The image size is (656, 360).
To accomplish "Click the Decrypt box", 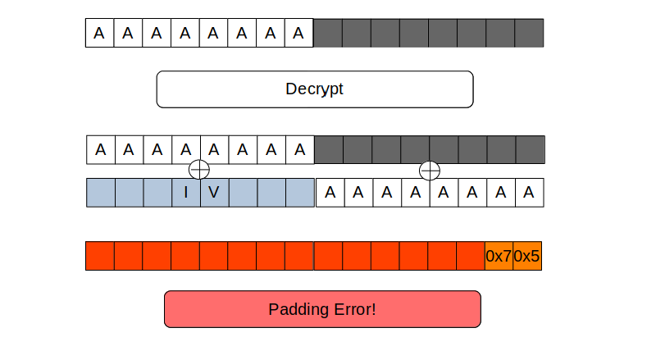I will click(x=315, y=89).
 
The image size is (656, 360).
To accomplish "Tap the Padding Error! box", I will click(x=322, y=309).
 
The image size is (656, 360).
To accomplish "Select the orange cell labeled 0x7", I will click(x=499, y=256).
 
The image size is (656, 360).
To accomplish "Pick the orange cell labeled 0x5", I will click(x=526, y=256).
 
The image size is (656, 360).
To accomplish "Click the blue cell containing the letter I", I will click(x=186, y=193).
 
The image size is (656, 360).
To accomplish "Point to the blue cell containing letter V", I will click(x=214, y=193).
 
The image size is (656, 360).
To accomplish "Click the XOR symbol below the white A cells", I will click(x=199, y=170).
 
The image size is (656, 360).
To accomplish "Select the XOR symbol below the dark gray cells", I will click(x=430, y=171).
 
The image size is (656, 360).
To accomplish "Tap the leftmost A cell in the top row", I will click(x=99, y=34).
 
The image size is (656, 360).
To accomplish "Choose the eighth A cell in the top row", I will click(x=299, y=34).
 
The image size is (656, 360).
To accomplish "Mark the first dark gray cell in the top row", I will click(x=329, y=34).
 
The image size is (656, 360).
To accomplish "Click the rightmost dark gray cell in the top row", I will click(x=529, y=34).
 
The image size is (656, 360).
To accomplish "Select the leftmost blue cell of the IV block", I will click(x=101, y=193).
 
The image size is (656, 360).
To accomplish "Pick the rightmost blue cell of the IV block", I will click(x=300, y=193).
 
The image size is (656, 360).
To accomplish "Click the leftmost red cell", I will click(x=100, y=256).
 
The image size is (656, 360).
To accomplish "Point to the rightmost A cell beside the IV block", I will click(x=530, y=193).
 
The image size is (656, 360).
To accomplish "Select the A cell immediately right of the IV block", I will click(x=330, y=193).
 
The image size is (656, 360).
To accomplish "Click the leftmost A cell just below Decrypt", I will click(x=101, y=150).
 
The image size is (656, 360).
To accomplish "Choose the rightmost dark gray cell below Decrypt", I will click(x=530, y=150).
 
